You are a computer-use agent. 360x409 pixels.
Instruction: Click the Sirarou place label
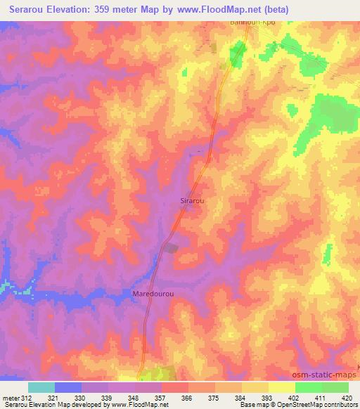tap(192, 200)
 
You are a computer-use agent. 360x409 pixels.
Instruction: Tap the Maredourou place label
tap(153, 293)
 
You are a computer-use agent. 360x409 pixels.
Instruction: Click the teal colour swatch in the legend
tap(41, 387)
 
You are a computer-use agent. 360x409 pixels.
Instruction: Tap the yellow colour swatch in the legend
tap(282, 387)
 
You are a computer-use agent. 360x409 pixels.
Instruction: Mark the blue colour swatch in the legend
tap(68, 387)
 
